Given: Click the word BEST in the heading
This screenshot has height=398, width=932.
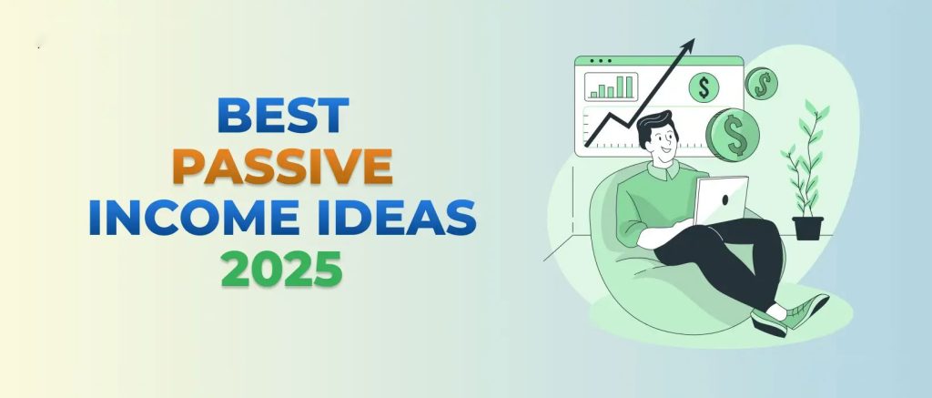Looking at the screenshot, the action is click(283, 116).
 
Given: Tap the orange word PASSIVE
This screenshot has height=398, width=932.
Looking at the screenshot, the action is click(282, 167).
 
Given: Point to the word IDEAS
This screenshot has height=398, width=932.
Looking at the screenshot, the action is click(397, 217).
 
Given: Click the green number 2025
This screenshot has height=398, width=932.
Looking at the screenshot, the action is click(282, 269).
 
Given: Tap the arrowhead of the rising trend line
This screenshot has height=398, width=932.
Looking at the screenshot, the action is click(688, 46).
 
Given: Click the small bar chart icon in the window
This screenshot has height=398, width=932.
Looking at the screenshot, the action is click(611, 87).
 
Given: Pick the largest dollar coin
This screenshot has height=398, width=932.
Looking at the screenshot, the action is click(733, 135).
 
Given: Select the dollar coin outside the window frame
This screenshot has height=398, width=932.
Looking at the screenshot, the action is click(762, 83).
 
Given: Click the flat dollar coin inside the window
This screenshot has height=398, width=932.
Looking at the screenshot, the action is click(704, 87).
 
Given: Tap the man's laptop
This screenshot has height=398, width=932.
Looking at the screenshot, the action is click(720, 199).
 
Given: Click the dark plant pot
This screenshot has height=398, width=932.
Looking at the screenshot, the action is click(808, 228).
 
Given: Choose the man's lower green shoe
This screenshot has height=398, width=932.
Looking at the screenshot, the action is click(768, 323).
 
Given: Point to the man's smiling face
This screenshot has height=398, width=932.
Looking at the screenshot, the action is click(664, 141).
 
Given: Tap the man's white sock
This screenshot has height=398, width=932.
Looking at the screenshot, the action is click(775, 311).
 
